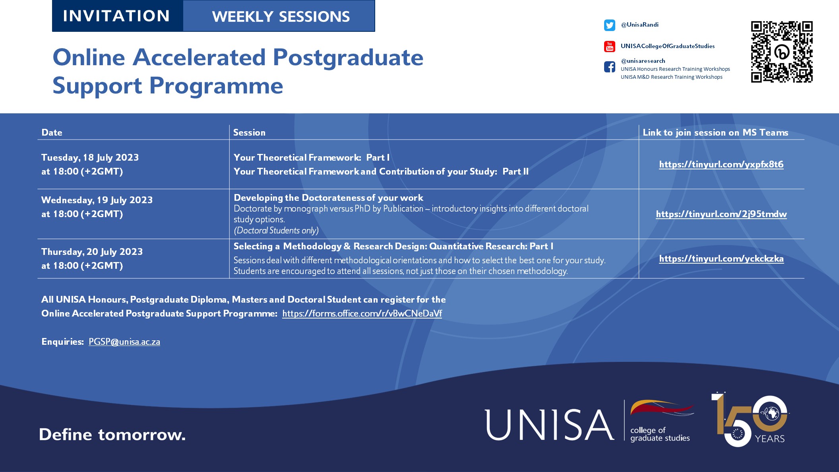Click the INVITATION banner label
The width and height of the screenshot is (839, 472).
pyautogui.click(x=116, y=16)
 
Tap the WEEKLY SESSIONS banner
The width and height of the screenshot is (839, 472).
pyautogui.click(x=280, y=16)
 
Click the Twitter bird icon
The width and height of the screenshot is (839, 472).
pyautogui.click(x=609, y=25)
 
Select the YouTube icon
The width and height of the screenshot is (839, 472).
pyautogui.click(x=609, y=47)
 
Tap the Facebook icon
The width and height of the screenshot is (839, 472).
pyautogui.click(x=609, y=67)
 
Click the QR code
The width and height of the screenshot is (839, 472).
pyautogui.click(x=781, y=52)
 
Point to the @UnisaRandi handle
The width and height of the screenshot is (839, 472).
pyautogui.click(x=639, y=25)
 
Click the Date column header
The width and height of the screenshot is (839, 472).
pyautogui.click(x=52, y=132)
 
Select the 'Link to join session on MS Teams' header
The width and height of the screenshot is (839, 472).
pyautogui.click(x=715, y=132)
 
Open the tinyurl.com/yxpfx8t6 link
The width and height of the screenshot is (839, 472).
pyautogui.click(x=721, y=164)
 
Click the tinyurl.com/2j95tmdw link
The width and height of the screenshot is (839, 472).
pyautogui.click(x=721, y=214)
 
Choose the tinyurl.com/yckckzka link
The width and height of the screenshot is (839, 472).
pyautogui.click(x=721, y=258)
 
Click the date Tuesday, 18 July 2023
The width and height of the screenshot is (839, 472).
pyautogui.click(x=90, y=157)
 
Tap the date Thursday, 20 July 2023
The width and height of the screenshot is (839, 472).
pyautogui.click(x=92, y=252)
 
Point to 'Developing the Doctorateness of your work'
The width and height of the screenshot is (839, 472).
pyautogui.click(x=328, y=198)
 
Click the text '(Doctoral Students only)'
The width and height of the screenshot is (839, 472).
pyautogui.click(x=276, y=230)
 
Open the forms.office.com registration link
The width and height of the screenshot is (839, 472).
pyautogui.click(x=362, y=313)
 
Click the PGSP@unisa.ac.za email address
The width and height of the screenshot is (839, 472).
pyautogui.click(x=124, y=342)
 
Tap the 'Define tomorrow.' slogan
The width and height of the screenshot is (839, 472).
pyautogui.click(x=112, y=435)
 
